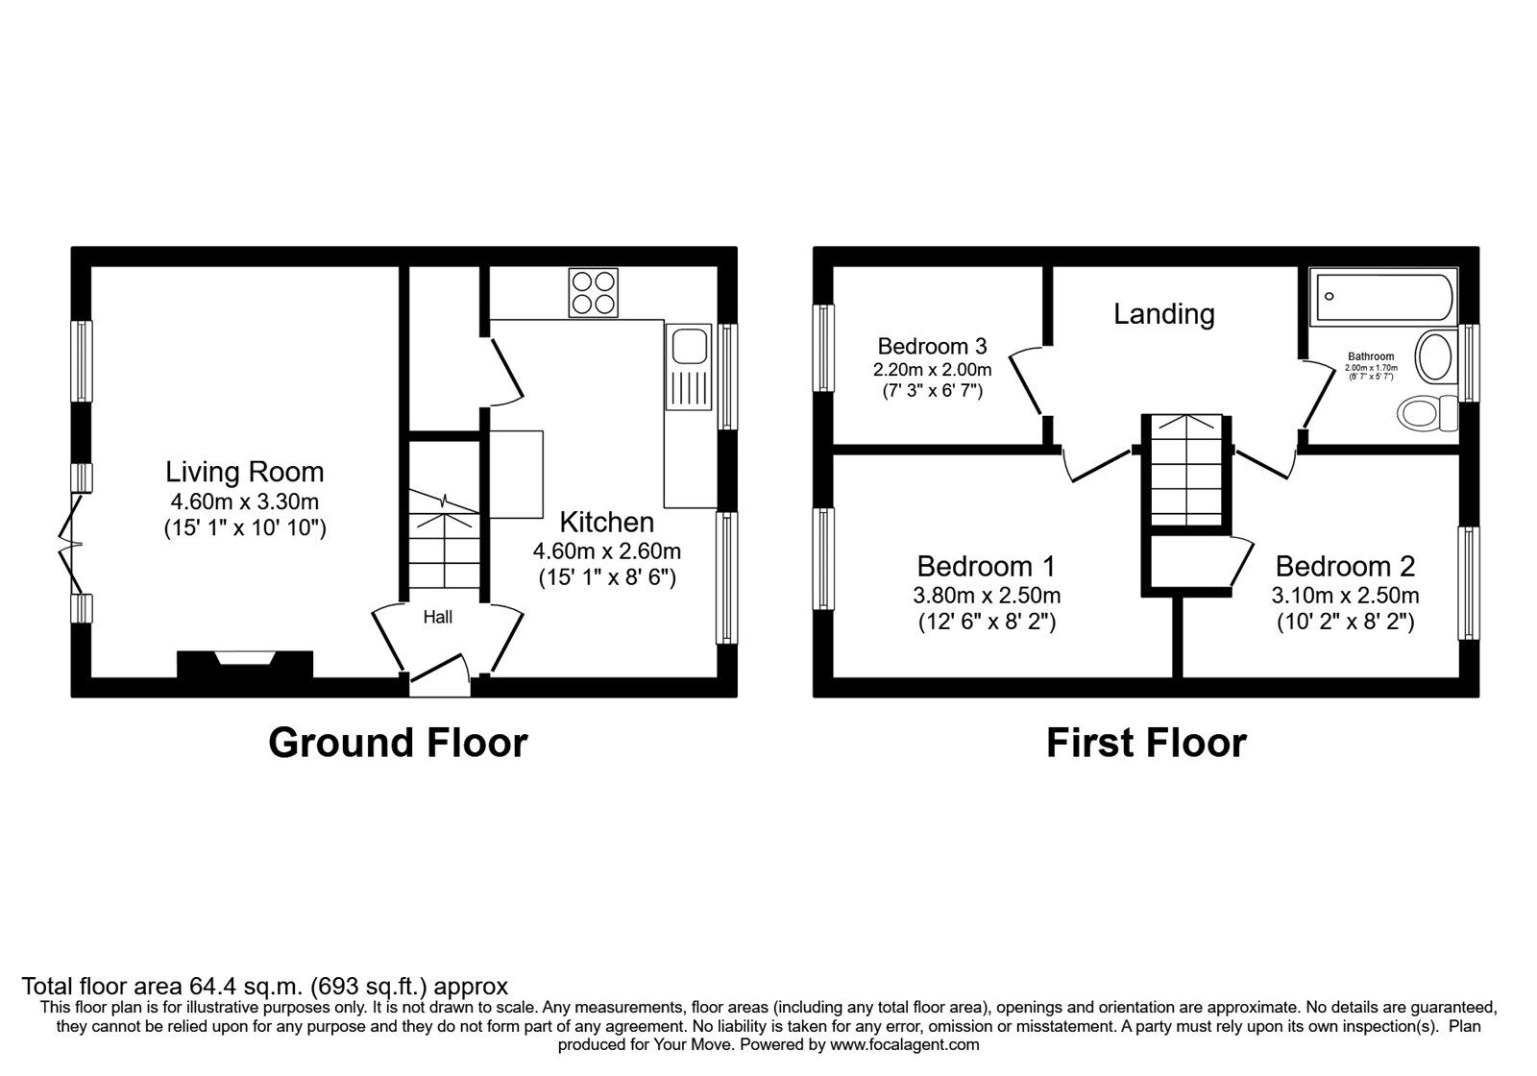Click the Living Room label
click(x=245, y=472)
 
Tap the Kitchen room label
click(x=606, y=523)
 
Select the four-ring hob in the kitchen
click(x=593, y=293)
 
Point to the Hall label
click(x=438, y=618)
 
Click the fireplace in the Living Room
click(x=245, y=664)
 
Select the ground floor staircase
click(x=444, y=538)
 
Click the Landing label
click(x=1164, y=314)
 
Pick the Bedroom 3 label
click(x=932, y=346)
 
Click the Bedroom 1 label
click(x=986, y=566)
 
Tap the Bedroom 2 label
click(x=1345, y=566)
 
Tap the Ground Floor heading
click(x=398, y=743)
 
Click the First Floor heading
click(x=1146, y=743)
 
